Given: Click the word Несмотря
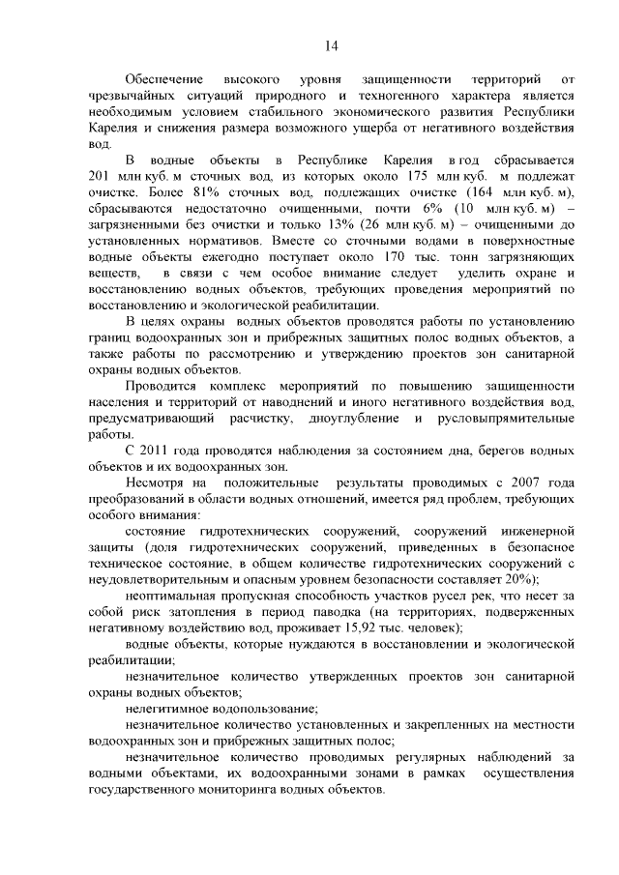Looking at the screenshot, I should [x=155, y=481].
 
